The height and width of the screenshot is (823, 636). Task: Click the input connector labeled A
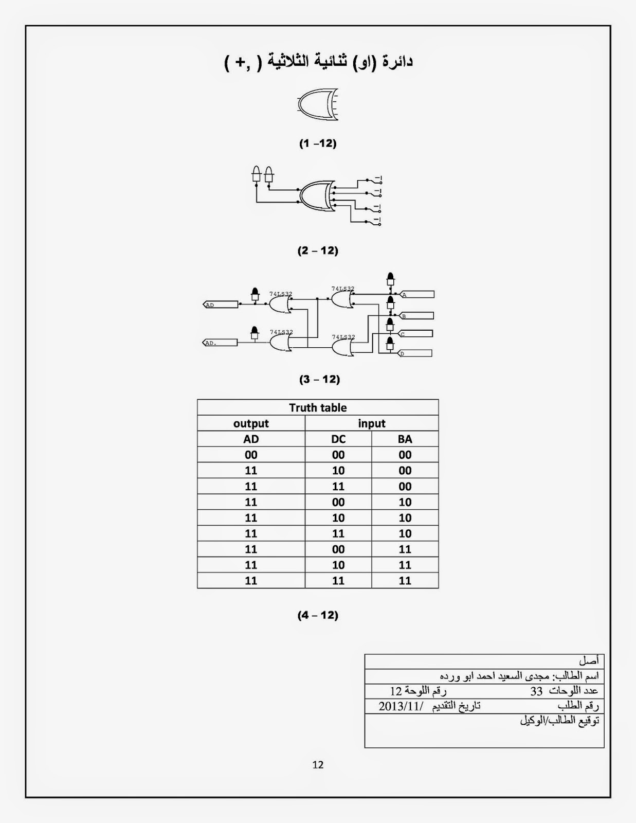(417, 295)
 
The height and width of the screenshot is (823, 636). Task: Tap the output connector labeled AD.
(221, 305)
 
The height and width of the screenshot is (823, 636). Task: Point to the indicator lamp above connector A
(390, 280)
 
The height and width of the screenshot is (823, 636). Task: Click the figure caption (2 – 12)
(318, 251)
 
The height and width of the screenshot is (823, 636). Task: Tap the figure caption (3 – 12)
(319, 379)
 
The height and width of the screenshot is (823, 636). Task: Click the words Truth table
(318, 407)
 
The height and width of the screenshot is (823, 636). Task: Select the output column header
(251, 423)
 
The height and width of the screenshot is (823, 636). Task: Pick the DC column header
(338, 439)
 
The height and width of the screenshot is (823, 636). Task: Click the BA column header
(405, 439)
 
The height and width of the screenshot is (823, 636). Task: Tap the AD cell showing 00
(251, 455)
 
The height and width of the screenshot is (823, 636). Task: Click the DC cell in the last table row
(338, 580)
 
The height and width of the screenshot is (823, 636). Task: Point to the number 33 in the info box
(536, 691)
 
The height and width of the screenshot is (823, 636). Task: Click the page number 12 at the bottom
(318, 764)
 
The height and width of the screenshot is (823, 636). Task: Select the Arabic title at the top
(319, 62)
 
